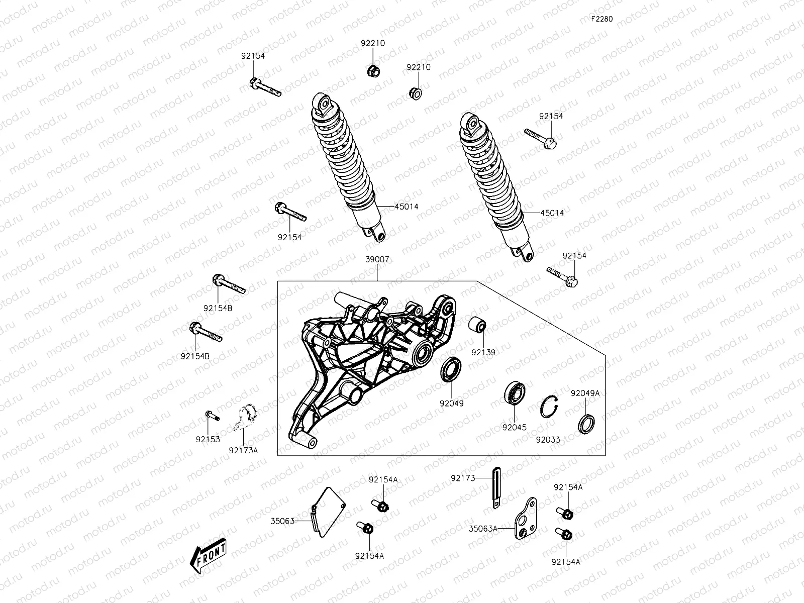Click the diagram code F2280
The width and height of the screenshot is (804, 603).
pos(601,19)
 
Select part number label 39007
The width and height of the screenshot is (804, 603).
pos(377,259)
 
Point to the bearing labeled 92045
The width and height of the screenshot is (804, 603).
pos(514,392)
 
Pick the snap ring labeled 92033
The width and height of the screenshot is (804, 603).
pos(550,407)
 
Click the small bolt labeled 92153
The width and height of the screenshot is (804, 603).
pos(212,416)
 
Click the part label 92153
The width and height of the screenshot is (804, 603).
pos(208,439)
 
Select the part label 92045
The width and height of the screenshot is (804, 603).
pos(514,428)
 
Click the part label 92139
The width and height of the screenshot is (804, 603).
pos(483,352)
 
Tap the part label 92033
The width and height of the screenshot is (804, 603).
pos(548,440)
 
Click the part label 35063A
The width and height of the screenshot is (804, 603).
pos(483,528)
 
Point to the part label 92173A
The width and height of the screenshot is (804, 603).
pos(243,450)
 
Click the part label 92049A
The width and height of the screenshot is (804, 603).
pos(585,393)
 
